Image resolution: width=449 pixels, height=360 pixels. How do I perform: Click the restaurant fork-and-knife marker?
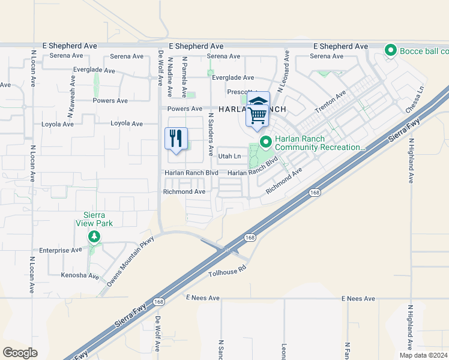[176, 139]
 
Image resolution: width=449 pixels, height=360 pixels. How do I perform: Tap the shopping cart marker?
[258, 113]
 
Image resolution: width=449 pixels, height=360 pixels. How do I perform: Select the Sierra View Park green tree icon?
[94, 237]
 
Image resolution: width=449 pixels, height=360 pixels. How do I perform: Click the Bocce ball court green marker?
[391, 50]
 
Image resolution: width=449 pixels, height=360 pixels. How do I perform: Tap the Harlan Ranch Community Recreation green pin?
[265, 142]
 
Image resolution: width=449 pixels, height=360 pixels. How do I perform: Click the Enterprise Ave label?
[60, 250]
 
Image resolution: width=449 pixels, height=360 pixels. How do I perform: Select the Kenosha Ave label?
[79, 276]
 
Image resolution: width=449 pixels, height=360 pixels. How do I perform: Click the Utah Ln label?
[229, 157]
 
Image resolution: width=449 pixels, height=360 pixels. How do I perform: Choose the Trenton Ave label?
[331, 103]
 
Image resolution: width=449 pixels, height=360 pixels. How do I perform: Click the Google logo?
[20, 352]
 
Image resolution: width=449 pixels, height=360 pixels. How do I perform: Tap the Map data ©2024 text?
[423, 355]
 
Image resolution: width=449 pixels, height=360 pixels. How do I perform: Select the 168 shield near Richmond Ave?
[315, 192]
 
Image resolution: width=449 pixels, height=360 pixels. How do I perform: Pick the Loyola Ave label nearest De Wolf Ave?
[127, 124]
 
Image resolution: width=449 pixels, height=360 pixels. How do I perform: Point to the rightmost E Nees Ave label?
[358, 298]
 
